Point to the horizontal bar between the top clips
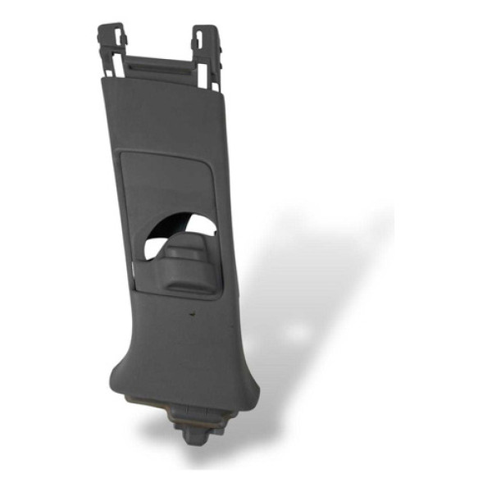pyautogui.click(x=161, y=64)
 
